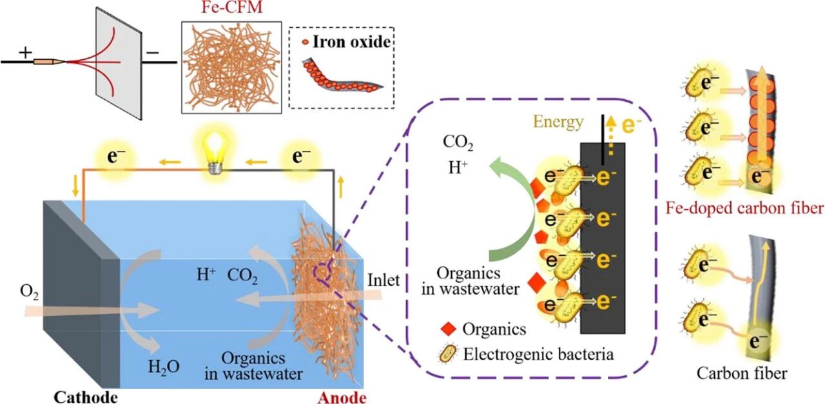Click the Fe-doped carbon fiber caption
[746, 207]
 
